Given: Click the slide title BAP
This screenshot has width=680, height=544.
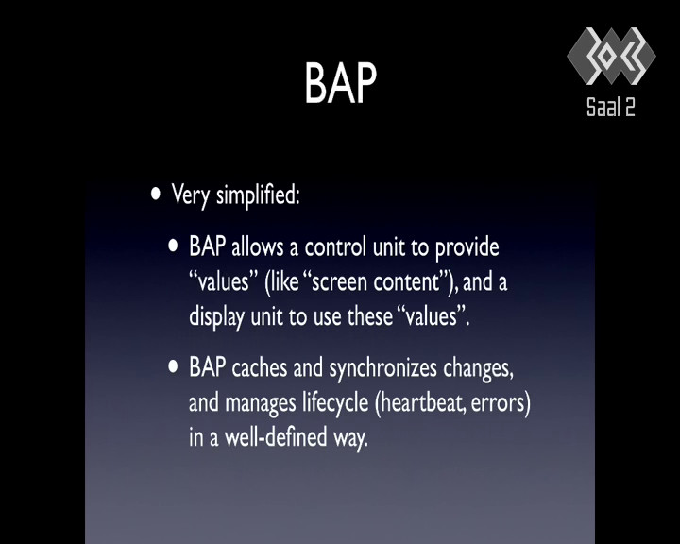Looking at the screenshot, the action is point(340,82).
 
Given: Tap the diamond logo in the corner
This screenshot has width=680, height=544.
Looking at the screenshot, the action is point(611,56).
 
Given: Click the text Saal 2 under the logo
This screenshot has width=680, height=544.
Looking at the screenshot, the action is point(611,107).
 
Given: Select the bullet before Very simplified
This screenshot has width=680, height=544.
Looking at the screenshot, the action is point(155,194).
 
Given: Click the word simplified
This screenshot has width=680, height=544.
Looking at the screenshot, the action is point(258,195).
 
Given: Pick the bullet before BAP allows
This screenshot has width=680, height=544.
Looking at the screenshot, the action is point(173,246).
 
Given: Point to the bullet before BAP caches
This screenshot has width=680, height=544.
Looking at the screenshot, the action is point(173,367).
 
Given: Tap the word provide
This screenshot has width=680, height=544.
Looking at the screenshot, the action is point(467,247).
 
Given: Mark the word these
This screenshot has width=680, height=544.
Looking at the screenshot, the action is point(370,316).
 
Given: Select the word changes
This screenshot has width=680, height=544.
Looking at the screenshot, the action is point(478,369).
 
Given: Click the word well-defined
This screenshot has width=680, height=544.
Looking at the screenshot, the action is point(276,437).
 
